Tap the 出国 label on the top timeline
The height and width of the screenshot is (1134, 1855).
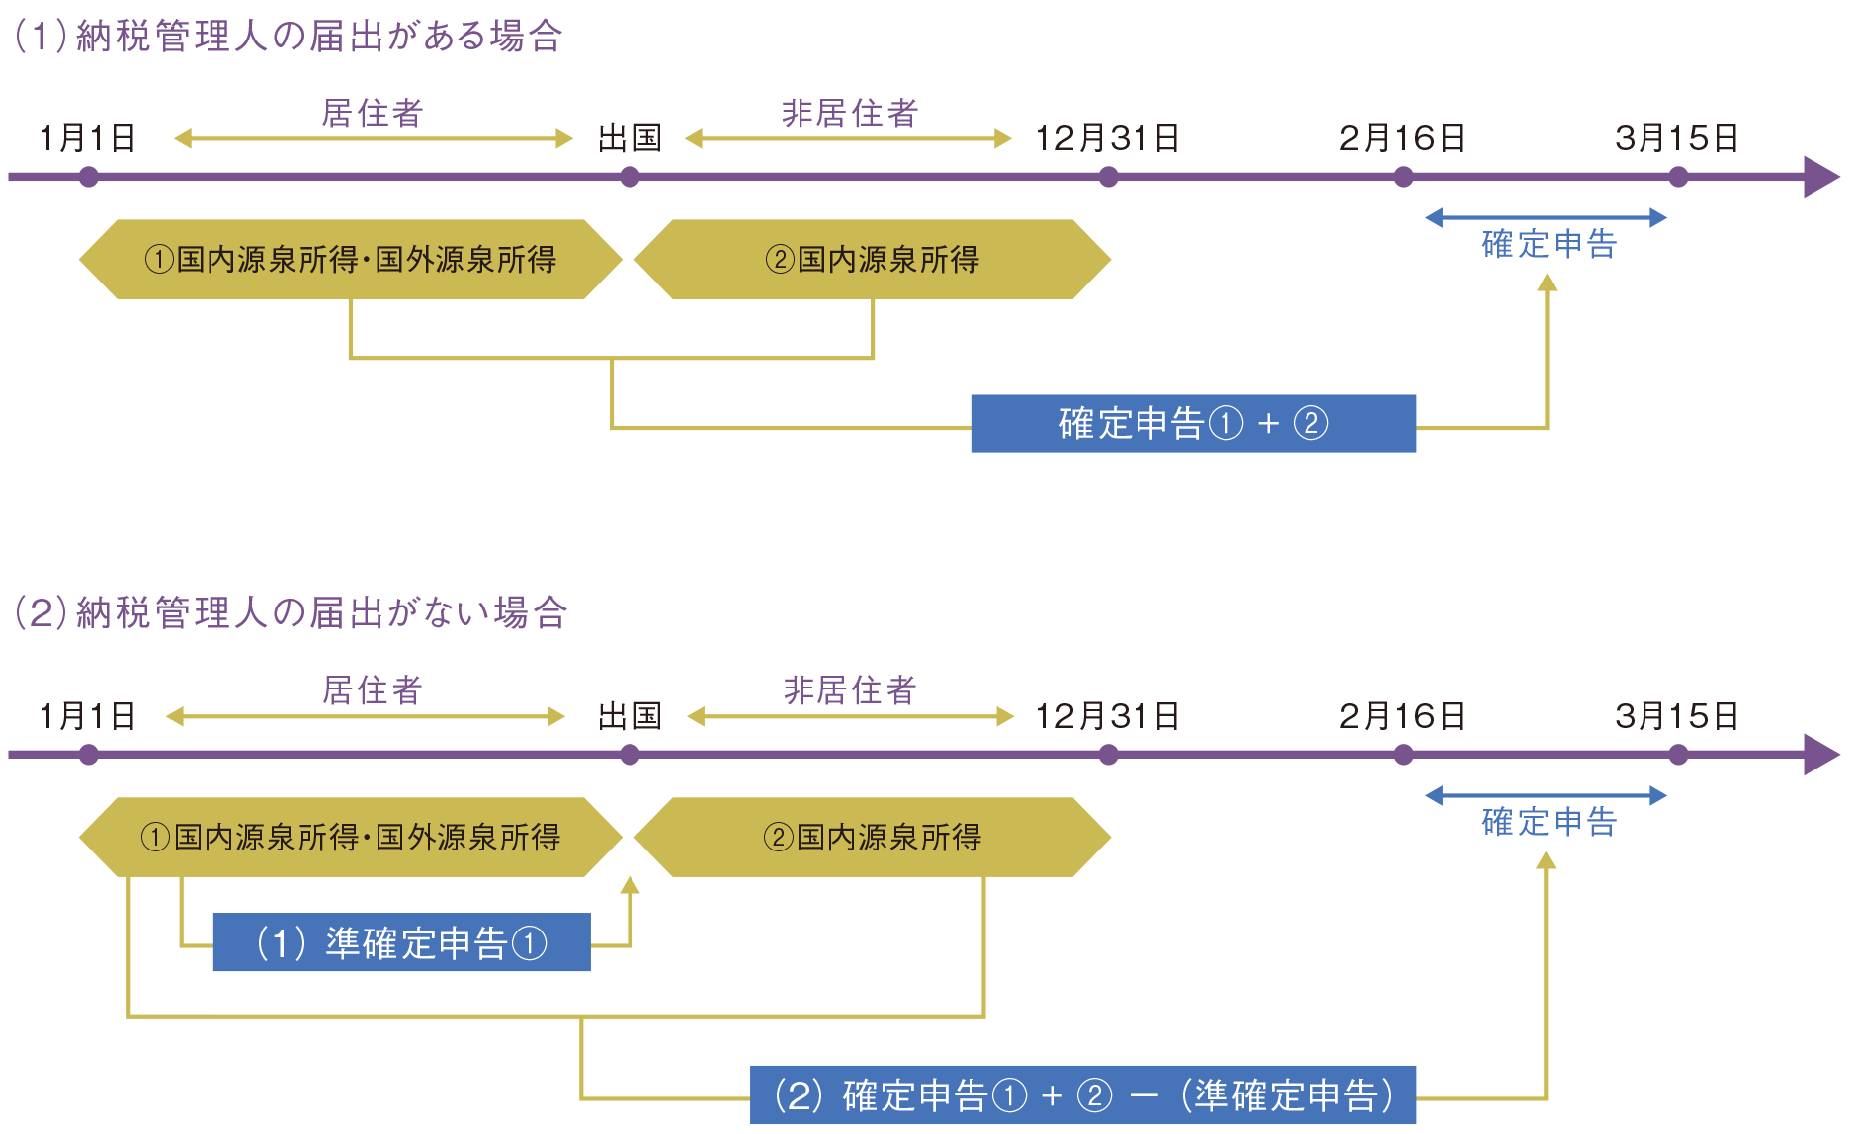point(630,139)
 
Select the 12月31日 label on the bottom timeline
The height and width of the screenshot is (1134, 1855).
point(1107,716)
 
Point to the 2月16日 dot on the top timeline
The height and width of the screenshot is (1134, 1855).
point(1403,177)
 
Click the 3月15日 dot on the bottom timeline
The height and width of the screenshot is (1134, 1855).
point(1678,755)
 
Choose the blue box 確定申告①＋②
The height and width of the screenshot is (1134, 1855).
point(1194,424)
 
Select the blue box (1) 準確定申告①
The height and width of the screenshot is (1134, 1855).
point(402,942)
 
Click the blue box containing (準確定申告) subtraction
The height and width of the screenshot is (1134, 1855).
point(1083,1095)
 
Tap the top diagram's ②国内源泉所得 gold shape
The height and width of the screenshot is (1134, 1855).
point(873,260)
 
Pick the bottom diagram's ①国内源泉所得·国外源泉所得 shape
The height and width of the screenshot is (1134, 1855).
point(351,838)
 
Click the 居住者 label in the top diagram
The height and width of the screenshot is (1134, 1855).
point(373,114)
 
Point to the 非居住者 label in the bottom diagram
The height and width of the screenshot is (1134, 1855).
point(850,690)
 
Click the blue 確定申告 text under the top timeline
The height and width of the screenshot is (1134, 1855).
point(1549,244)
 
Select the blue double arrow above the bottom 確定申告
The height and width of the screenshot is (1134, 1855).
point(1547,795)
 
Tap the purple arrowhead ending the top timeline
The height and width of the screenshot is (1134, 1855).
point(1821,177)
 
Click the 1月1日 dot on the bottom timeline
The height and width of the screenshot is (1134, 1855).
point(89,755)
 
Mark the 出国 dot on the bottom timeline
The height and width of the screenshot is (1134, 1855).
point(630,755)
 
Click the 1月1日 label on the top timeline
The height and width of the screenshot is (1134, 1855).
point(87,139)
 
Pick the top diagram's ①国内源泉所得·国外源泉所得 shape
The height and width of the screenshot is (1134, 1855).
point(351,260)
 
